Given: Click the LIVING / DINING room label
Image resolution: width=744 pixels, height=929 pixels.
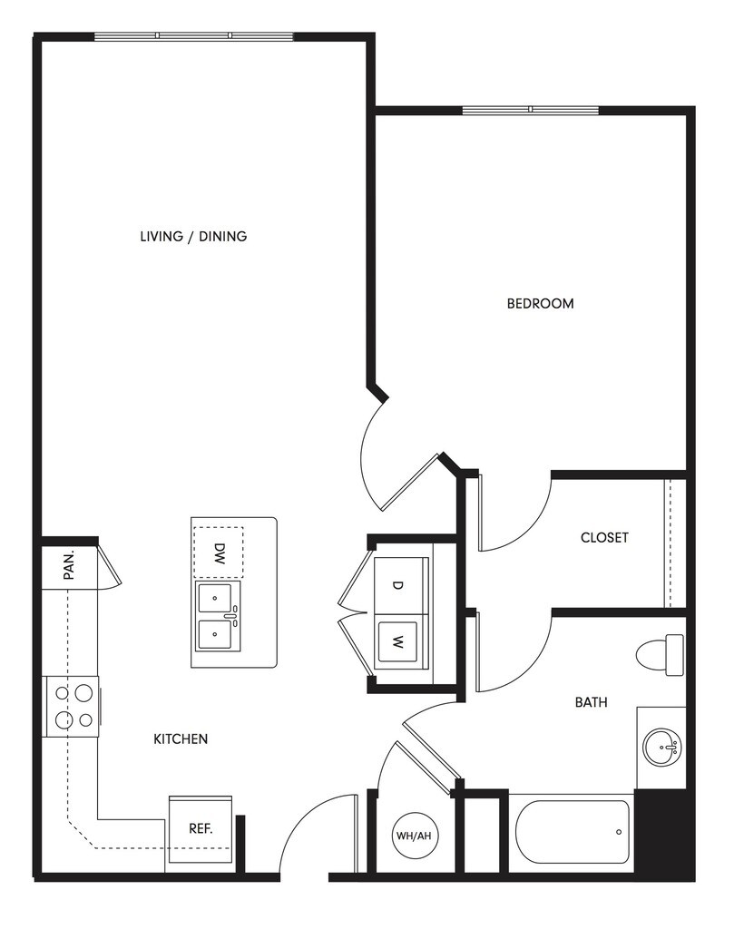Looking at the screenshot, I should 193,237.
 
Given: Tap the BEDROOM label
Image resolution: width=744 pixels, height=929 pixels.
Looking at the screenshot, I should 540,304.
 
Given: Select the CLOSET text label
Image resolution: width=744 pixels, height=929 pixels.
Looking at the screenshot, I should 604,538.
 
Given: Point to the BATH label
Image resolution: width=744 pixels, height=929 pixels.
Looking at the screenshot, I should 591,702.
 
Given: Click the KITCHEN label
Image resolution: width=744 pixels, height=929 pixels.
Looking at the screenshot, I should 181,739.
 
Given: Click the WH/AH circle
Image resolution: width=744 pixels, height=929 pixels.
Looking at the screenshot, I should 412,836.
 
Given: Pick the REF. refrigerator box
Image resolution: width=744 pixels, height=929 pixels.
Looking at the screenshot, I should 200,828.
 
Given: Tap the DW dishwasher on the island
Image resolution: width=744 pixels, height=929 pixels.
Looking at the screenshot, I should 219,553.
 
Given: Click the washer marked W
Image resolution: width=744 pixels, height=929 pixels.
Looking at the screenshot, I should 398,641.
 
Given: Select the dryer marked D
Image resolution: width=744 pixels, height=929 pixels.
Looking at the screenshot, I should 397,585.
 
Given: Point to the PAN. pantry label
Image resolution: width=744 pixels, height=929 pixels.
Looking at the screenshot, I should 68,566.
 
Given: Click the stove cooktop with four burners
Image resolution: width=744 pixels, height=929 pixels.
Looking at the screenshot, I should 72,706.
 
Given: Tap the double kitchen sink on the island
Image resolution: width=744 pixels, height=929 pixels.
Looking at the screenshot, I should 218,617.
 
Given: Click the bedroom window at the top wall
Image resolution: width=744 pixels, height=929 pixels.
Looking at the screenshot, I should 531,111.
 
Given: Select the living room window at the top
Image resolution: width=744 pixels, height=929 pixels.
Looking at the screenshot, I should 194,36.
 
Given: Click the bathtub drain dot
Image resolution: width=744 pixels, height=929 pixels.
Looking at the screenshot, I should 618,832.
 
